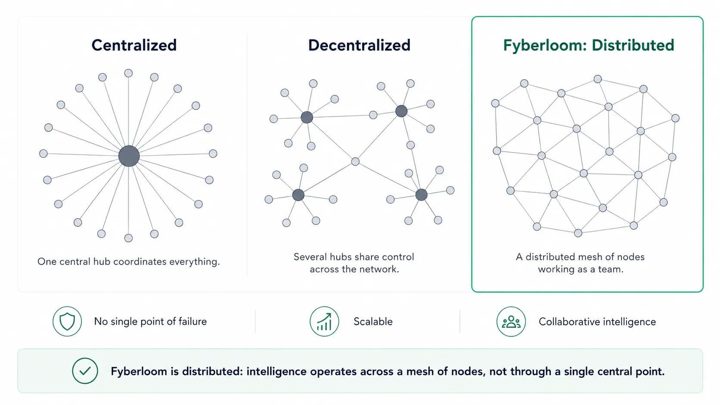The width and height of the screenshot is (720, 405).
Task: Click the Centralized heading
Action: click(x=134, y=45)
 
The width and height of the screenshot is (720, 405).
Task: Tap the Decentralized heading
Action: click(x=359, y=45)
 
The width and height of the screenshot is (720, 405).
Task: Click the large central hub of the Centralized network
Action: click(x=129, y=156)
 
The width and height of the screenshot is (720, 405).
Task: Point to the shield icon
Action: click(x=67, y=322)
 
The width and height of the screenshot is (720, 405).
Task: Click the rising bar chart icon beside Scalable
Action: click(x=324, y=322)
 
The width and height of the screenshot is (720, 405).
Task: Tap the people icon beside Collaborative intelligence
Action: click(x=511, y=322)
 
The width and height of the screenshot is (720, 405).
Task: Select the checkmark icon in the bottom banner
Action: click(x=85, y=371)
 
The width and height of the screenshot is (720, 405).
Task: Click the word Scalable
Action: click(x=373, y=322)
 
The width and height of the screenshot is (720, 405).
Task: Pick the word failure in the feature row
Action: click(x=192, y=322)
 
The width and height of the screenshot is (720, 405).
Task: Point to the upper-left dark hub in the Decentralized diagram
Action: click(x=307, y=117)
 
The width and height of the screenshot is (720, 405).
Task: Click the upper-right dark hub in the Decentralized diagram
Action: click(x=401, y=111)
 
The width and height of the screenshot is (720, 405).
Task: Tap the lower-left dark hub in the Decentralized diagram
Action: click(x=298, y=195)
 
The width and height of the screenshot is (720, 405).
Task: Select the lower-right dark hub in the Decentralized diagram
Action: click(x=422, y=195)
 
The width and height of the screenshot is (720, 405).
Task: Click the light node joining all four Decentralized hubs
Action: click(x=355, y=161)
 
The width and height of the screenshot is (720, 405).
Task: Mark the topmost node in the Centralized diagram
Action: click(x=129, y=73)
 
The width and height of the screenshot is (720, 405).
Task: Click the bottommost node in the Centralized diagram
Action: click(x=129, y=238)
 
